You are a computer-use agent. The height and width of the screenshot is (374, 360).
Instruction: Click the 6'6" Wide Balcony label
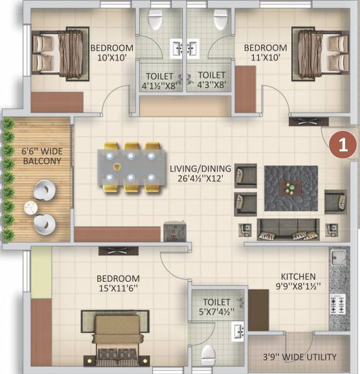point(42,155)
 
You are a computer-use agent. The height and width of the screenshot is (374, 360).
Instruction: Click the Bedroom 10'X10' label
point(112,54)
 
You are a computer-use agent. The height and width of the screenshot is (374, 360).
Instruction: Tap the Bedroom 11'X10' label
point(265,54)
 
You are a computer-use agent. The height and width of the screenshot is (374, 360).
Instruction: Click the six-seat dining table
point(130,166)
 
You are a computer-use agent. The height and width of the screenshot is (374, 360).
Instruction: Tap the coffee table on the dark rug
point(291,186)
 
